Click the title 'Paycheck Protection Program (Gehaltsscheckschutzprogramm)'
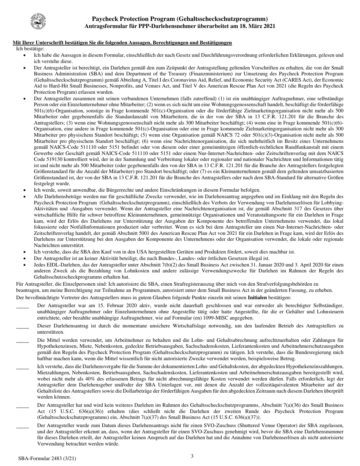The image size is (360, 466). coord(180,19)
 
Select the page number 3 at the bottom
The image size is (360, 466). coord(192,456)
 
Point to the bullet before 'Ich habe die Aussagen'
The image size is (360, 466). coord(25,55)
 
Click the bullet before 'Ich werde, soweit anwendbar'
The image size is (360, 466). coord(25,190)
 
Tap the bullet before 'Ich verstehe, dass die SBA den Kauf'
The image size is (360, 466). coord(25,252)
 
